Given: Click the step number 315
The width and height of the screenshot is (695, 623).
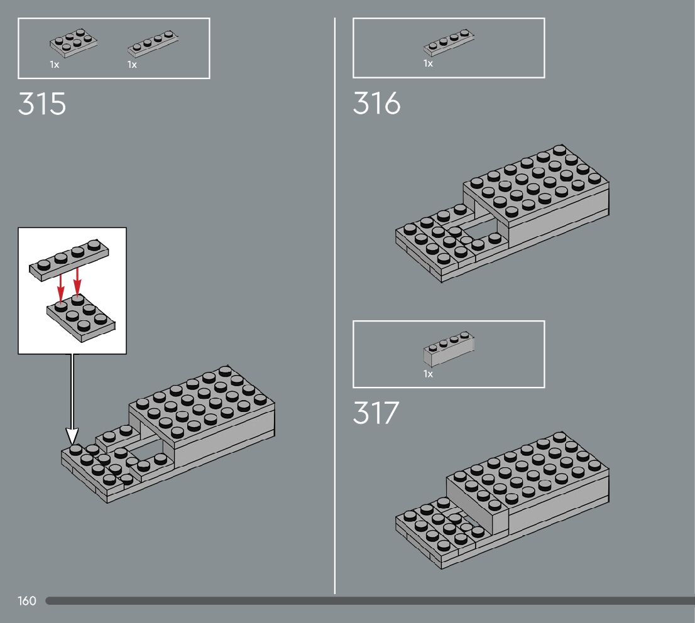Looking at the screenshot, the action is tap(41, 104).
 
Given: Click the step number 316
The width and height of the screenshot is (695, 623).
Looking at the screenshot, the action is tap(376, 104).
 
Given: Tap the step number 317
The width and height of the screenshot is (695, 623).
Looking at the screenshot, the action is tap(376, 413).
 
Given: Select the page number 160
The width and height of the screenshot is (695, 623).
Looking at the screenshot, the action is tap(27, 601).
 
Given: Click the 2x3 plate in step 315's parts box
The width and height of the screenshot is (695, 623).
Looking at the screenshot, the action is tap(74, 43).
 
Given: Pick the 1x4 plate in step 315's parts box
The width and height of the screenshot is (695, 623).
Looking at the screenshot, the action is tap(153, 45).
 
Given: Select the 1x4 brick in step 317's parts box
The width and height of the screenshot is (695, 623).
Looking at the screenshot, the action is tap(449, 349).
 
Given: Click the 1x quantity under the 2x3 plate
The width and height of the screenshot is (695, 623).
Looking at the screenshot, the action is tap(55, 65).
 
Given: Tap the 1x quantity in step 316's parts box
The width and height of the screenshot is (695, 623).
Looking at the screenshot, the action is tap(428, 63).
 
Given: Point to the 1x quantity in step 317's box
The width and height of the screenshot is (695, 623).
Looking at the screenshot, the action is tap(428, 374).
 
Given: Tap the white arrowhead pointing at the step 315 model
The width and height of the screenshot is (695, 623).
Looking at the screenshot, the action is tap(72, 436).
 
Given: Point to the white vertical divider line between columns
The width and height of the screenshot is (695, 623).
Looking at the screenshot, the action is tap(335, 314).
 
